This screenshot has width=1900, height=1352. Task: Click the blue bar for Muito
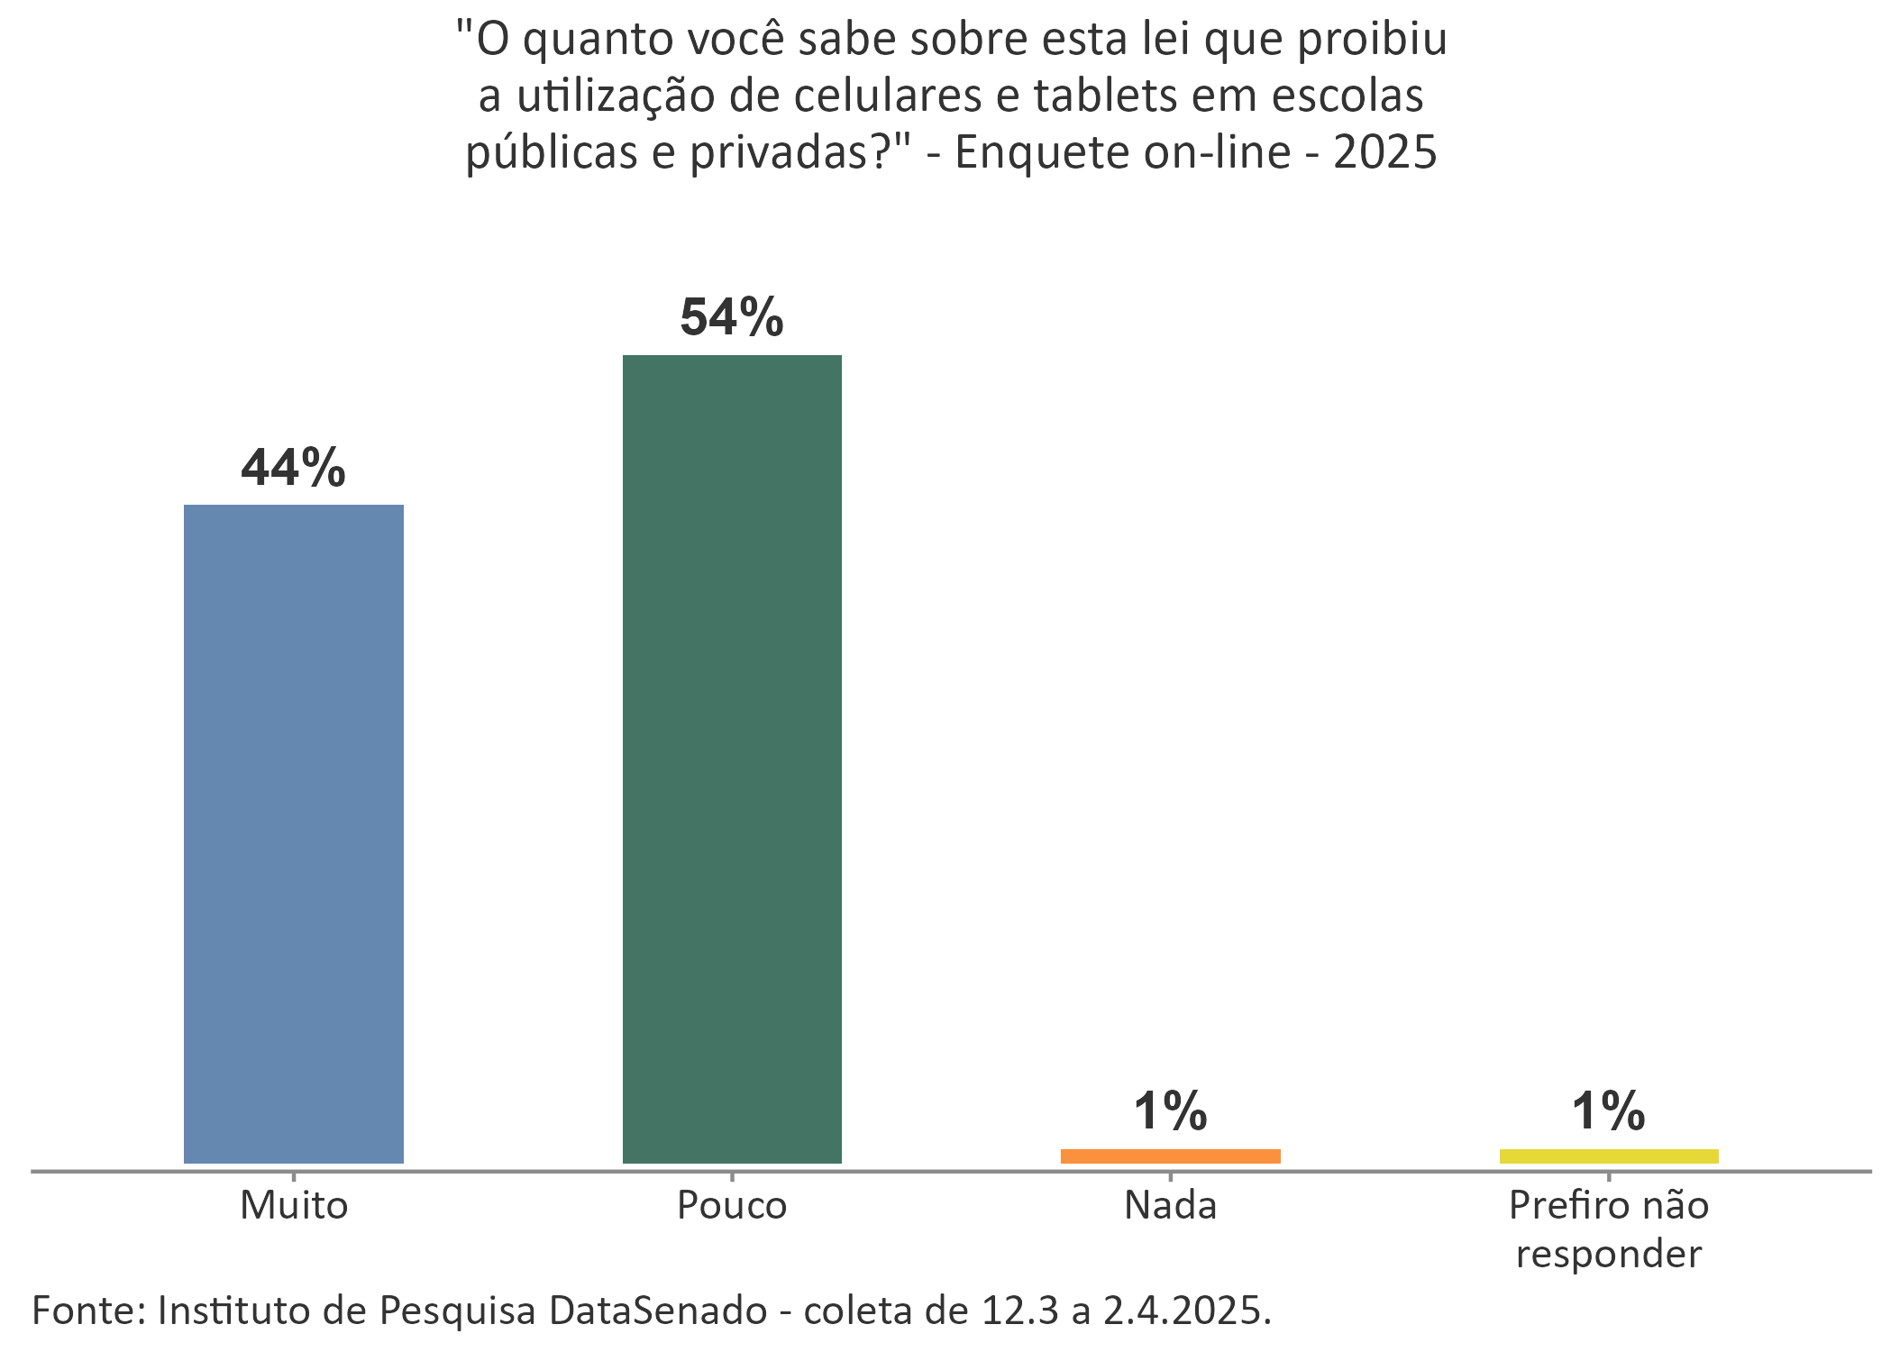coord(294,834)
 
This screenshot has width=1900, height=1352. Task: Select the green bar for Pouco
coord(732,759)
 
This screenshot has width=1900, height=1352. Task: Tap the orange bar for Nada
coord(1170,1156)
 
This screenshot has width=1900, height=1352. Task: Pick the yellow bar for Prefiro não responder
coord(1609,1156)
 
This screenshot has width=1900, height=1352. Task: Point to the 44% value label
coord(294,468)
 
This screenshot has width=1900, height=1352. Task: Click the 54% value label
coord(732,317)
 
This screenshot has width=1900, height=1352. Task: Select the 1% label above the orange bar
coord(1170,1110)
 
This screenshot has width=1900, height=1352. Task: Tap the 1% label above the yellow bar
coord(1609,1110)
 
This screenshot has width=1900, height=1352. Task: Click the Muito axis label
coord(294,1205)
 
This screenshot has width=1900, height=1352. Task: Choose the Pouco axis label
coord(732,1205)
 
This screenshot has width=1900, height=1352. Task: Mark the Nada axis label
coord(1170,1205)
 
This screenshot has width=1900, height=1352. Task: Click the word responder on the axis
coord(1609,1255)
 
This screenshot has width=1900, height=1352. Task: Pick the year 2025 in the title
coord(1384,152)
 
